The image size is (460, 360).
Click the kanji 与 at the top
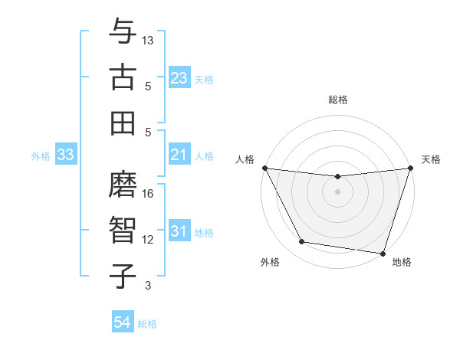(x=123, y=32)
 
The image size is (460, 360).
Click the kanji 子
(x=123, y=276)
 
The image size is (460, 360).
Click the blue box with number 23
(x=179, y=78)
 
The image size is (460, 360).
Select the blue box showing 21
(x=179, y=155)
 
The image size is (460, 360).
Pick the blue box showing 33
(x=65, y=155)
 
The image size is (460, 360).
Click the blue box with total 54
(x=122, y=322)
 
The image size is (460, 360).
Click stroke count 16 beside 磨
(x=149, y=194)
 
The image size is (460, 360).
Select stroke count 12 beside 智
(x=149, y=240)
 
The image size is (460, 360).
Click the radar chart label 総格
(x=337, y=100)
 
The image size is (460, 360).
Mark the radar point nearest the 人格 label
(x=264, y=168)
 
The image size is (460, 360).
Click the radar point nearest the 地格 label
(x=383, y=253)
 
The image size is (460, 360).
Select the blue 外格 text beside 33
(x=41, y=156)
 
